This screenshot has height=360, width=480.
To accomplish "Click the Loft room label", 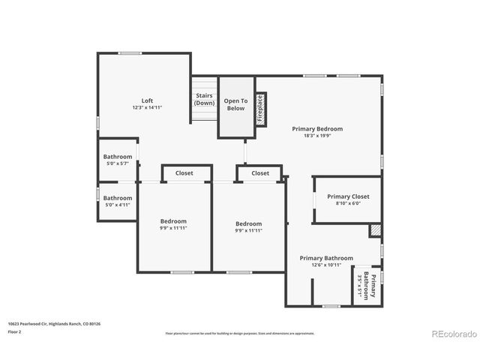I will click(x=147, y=100).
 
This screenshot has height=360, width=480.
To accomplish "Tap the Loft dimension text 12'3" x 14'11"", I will click(x=147, y=108).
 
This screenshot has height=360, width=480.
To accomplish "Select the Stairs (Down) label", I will click(x=204, y=99).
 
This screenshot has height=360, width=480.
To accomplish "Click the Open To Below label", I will click(x=235, y=104).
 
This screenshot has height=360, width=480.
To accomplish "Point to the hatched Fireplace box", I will click(x=260, y=108).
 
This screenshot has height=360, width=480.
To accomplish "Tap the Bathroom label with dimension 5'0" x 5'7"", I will click(x=118, y=157).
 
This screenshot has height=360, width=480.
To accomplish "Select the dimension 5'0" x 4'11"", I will click(x=118, y=205).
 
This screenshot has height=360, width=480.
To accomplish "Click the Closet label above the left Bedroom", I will click(x=184, y=173).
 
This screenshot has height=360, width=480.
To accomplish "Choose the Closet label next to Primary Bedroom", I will click(x=260, y=173).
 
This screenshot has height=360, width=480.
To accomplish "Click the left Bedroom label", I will click(x=173, y=221).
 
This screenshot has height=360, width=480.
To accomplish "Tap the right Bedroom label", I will click(x=249, y=223).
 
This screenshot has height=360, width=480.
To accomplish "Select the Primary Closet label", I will click(x=348, y=196).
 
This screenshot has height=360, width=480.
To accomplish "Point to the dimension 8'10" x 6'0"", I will click(x=348, y=204).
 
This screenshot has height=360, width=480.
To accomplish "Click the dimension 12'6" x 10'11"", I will click(x=326, y=265).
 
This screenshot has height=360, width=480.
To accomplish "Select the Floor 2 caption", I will click(x=14, y=331).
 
